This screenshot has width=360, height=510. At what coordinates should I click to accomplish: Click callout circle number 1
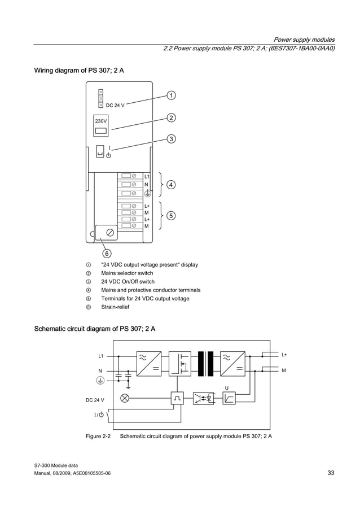tap(170, 95)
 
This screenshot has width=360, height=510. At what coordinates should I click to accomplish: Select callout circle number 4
tap(170, 184)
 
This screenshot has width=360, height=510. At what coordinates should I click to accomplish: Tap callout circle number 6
tap(107, 253)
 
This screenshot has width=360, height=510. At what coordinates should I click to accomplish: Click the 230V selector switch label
tap(101, 121)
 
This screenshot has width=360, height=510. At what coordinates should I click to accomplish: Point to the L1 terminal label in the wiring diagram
tap(147, 177)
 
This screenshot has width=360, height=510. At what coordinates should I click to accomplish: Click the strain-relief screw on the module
tap(110, 232)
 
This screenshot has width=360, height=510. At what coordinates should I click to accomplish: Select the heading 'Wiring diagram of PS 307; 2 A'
tap(79, 71)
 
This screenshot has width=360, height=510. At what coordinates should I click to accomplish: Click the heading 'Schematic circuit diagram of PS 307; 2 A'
tap(95, 329)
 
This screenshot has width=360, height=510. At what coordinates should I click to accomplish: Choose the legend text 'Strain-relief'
tap(115, 307)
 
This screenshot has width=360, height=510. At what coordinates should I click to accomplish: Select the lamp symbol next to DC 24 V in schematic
tap(125, 398)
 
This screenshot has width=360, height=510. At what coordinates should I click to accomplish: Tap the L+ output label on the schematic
tap(284, 355)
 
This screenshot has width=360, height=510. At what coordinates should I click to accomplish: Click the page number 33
tap(331, 473)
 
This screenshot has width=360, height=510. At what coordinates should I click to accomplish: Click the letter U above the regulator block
tap(226, 387)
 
